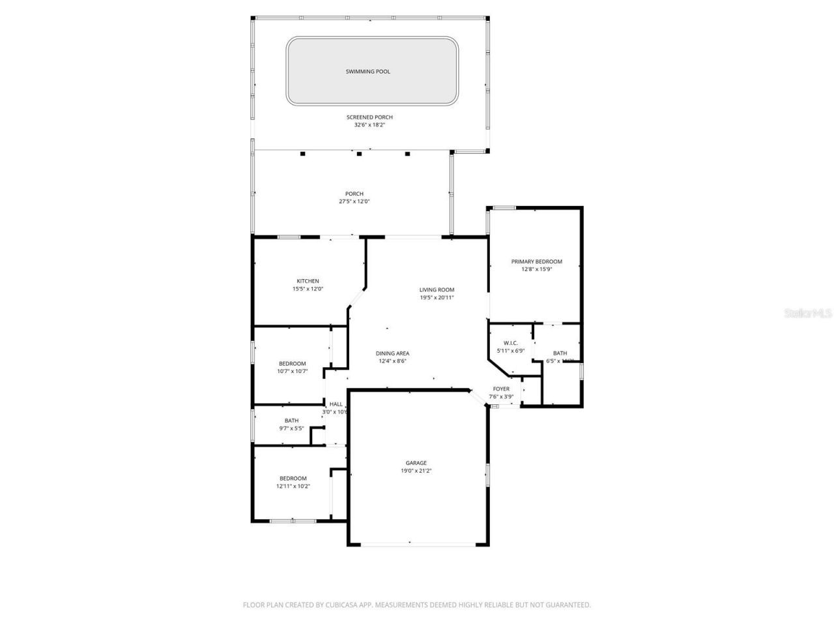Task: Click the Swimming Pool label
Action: [367, 72]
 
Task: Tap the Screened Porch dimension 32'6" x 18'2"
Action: [369, 125]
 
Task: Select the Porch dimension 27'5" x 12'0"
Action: [354, 201]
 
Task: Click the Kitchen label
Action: [308, 281]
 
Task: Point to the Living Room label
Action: [437, 290]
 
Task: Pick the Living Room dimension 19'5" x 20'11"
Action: [437, 297]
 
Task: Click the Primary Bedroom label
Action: [536, 261]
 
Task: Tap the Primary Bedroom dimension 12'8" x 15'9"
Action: [536, 269]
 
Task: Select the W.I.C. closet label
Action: [510, 343]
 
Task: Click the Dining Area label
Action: [392, 353]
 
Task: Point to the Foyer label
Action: [501, 389]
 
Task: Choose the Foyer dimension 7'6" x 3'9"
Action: [501, 396]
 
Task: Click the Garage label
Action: [416, 463]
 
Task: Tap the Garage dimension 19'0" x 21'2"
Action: [416, 471]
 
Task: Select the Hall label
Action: [336, 404]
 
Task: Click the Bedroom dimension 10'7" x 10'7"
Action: [292, 372]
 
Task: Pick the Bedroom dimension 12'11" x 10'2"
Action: [293, 486]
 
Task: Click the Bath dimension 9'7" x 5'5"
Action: [291, 428]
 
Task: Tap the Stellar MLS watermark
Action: [808, 314]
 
